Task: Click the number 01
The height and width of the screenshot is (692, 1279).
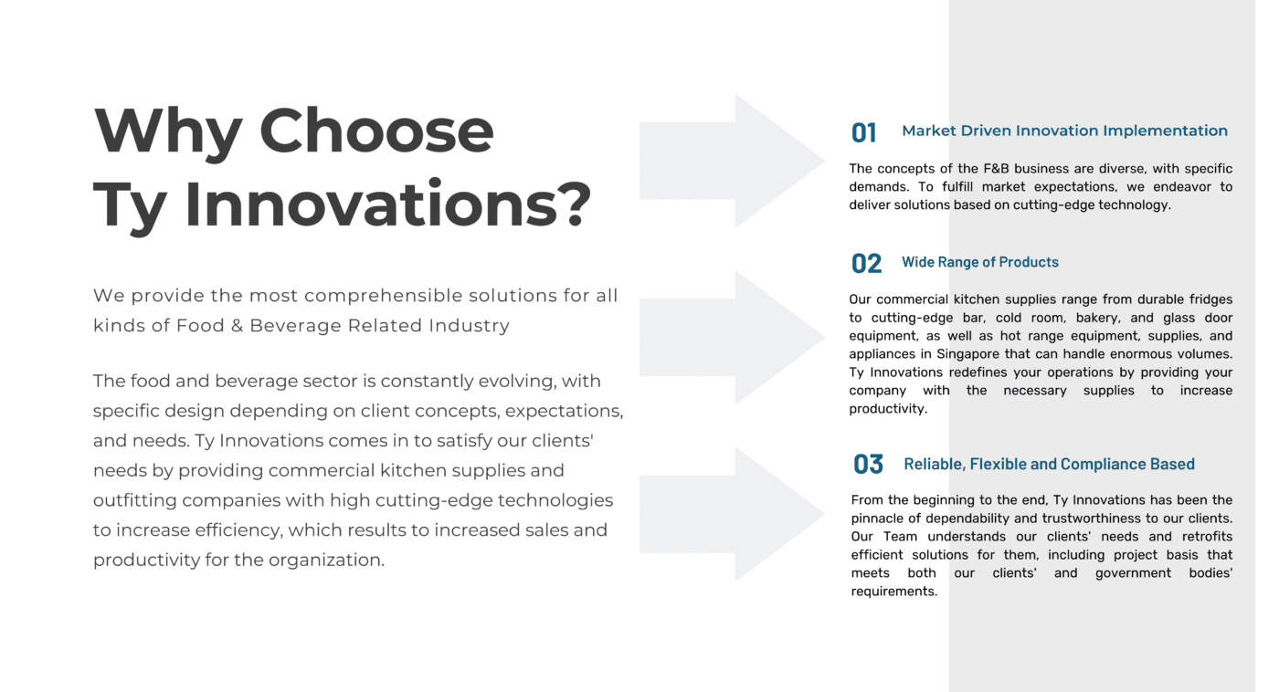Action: tap(863, 133)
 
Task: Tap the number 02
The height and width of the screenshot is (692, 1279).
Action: tap(866, 264)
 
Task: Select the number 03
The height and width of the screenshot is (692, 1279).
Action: tap(868, 465)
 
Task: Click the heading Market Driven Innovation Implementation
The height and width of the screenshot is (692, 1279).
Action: tap(1064, 131)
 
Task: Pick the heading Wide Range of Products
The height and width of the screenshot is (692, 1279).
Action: tap(979, 262)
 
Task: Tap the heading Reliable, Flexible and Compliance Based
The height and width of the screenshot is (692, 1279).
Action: tap(1049, 464)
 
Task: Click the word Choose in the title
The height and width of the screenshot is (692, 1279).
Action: tap(376, 131)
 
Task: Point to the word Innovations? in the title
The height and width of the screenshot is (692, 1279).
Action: tap(387, 204)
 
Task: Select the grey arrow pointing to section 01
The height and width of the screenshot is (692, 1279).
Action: tap(731, 161)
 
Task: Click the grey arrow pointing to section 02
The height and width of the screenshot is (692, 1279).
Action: tap(731, 337)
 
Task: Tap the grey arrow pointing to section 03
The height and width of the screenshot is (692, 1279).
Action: tap(731, 514)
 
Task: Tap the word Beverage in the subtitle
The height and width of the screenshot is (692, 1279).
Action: tap(294, 326)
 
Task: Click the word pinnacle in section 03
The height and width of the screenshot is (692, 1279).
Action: tap(877, 519)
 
